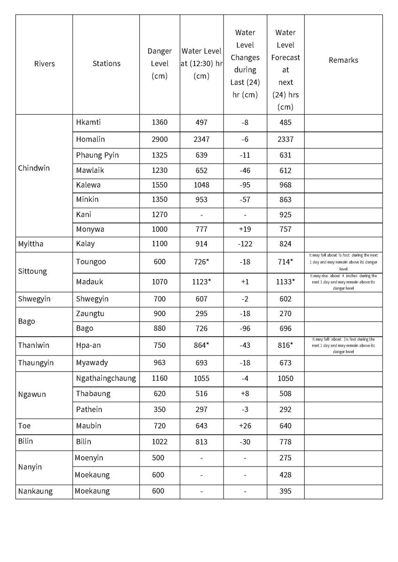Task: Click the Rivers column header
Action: (x=44, y=64)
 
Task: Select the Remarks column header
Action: (x=343, y=60)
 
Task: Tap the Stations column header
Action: (x=106, y=64)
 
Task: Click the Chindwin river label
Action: (x=33, y=168)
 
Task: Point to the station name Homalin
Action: (x=90, y=139)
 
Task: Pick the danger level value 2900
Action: (x=159, y=139)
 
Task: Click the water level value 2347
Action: (x=201, y=139)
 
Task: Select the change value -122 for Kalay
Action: (x=245, y=244)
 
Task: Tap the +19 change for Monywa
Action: (x=245, y=229)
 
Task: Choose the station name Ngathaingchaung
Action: (x=106, y=378)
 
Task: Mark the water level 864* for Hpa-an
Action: (x=201, y=345)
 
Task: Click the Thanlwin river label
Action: (x=33, y=345)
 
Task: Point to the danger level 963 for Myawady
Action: (x=159, y=362)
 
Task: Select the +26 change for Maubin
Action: (x=245, y=426)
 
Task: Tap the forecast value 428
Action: (x=285, y=474)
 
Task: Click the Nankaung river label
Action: (x=35, y=491)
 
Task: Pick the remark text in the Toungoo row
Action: (x=343, y=262)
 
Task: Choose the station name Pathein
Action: (x=89, y=409)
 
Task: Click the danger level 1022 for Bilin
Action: (x=159, y=442)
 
